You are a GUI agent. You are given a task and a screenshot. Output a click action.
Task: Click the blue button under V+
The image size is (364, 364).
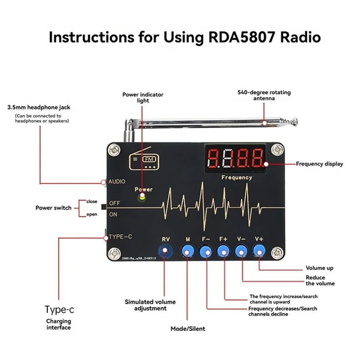[259, 250]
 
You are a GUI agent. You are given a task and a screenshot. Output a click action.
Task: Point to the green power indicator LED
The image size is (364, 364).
[142, 198]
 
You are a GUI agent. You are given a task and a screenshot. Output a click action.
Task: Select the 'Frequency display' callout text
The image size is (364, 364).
[319, 164]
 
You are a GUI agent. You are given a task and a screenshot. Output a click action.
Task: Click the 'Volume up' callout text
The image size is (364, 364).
[319, 268]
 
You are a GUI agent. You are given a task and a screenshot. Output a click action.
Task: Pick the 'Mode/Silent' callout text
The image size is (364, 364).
[187, 329]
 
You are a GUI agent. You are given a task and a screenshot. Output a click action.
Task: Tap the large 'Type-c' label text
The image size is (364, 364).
[59, 310]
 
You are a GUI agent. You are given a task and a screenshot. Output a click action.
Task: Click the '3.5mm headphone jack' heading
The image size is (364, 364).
[39, 108]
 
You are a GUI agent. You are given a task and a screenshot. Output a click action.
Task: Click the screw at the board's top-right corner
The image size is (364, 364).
[275, 149]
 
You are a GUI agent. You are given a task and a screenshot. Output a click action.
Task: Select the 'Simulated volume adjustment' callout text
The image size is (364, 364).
[150, 305]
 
